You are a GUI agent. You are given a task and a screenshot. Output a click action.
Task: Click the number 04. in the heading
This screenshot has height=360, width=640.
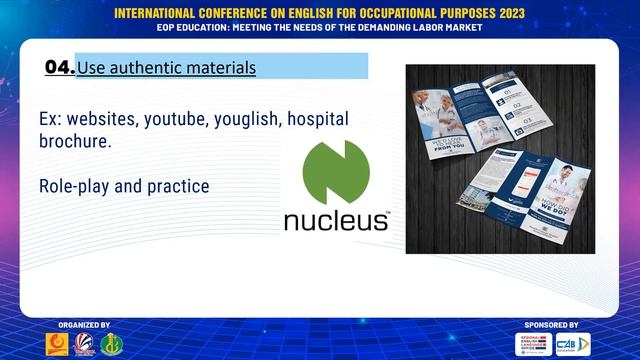pyautogui.click(x=59, y=67)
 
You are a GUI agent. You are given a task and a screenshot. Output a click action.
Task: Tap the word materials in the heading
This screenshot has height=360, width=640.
pyautogui.click(x=218, y=68)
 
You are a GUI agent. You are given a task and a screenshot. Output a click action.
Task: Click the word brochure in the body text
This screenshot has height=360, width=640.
pyautogui.click(x=73, y=142)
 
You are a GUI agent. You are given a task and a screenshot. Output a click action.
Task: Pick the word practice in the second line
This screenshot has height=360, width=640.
pyautogui.click(x=179, y=186)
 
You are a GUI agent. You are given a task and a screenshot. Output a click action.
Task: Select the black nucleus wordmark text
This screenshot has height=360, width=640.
pyautogui.click(x=336, y=220)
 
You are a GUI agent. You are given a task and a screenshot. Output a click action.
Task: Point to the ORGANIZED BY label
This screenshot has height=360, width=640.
pyautogui.click(x=84, y=325)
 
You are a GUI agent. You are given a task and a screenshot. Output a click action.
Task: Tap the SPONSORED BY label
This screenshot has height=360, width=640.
pyautogui.click(x=551, y=325)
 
